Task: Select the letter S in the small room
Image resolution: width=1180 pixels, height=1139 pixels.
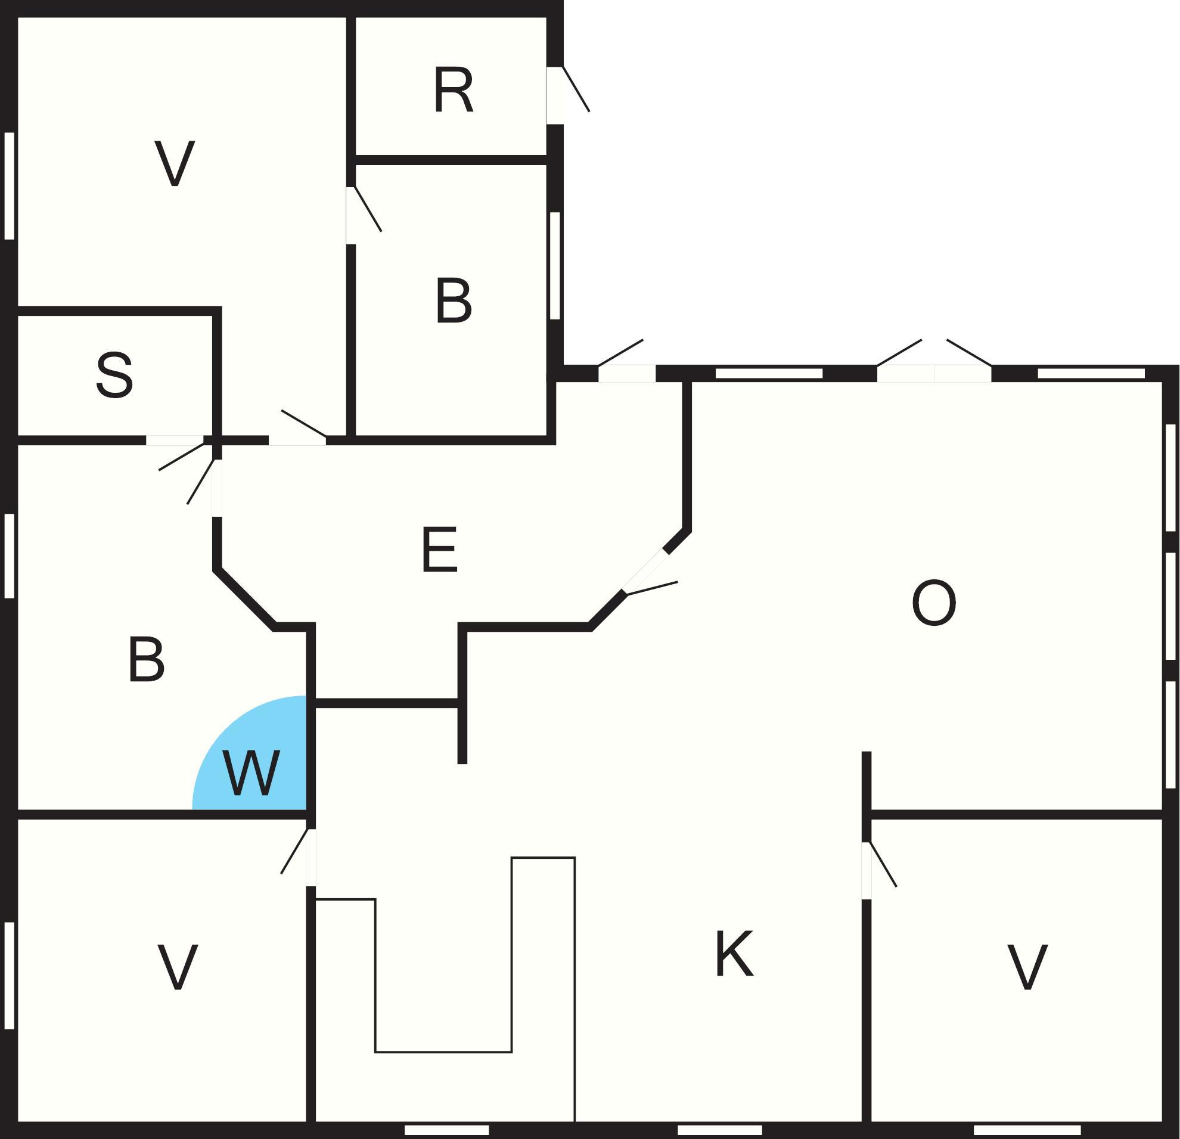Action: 114,375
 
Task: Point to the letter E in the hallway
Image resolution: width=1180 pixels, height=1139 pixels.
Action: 439,550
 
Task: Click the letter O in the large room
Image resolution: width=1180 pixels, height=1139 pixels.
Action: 933,603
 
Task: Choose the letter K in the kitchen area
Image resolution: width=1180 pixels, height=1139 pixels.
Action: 734,954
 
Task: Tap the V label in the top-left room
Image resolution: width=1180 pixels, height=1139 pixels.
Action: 175,163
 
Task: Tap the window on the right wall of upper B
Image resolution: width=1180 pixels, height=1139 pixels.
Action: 554,265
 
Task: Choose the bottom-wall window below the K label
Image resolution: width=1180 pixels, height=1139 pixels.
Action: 719,1130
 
